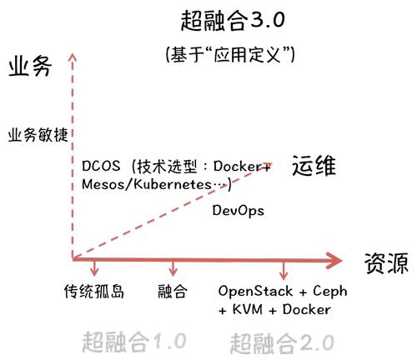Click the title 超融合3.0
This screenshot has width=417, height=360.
(233, 21)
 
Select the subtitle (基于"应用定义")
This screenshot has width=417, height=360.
(230, 54)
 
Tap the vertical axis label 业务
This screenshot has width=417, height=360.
(30, 67)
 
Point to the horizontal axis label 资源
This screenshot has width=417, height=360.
(386, 262)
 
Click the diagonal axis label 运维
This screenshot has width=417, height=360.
(314, 165)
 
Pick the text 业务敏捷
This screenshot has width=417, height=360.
(38, 135)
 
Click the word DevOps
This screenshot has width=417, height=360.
(239, 211)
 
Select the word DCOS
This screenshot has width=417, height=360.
(101, 166)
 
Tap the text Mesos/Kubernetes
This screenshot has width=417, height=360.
(147, 184)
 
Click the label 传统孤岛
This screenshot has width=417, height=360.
(94, 292)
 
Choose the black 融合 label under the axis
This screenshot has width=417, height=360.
(173, 292)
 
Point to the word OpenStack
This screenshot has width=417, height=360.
(255, 291)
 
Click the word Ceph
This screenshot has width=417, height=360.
(330, 292)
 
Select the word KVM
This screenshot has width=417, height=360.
(248, 309)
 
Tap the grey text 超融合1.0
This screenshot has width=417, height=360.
(134, 342)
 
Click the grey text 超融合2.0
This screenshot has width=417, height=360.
(282, 343)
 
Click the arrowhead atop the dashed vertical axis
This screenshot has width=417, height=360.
(73, 57)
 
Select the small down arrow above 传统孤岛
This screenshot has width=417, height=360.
(95, 267)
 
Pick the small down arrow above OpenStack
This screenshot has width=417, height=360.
(284, 271)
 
